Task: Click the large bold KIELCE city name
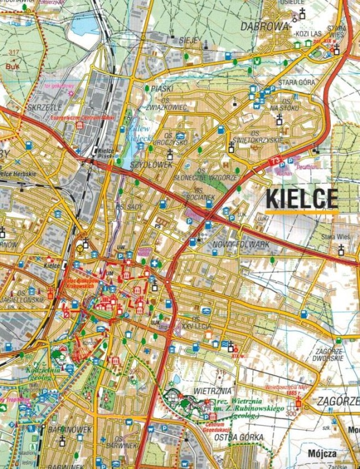tap(302, 198)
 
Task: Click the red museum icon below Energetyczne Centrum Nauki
tap(79, 125)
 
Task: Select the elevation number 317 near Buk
tap(10, 52)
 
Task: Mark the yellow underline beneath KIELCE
tap(302, 213)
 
